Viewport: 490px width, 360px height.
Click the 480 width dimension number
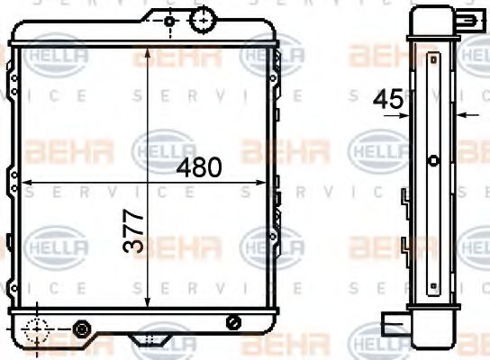[199, 167]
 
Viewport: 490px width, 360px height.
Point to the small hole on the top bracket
[168, 20]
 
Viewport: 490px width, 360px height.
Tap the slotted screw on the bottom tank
[234, 321]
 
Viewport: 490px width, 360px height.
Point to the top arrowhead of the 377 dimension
[148, 47]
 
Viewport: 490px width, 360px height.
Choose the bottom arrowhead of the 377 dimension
[148, 306]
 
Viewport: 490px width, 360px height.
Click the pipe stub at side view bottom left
[393, 323]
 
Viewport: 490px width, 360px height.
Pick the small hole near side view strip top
[432, 60]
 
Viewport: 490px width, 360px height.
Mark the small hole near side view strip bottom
[432, 273]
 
